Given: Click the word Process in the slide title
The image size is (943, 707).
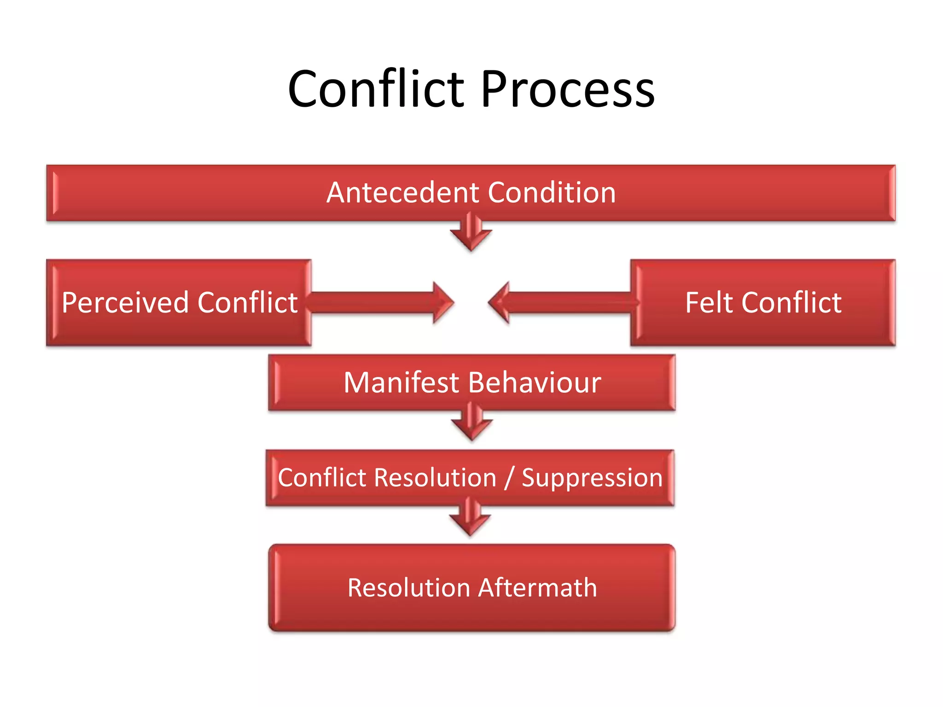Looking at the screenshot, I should tap(567, 89).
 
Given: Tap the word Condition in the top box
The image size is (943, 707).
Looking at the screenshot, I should tap(552, 192).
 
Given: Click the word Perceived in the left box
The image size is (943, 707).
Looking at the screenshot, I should tap(125, 303).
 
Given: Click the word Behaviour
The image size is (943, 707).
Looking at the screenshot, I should tap(534, 382).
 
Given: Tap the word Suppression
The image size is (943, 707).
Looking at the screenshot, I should tap(592, 477).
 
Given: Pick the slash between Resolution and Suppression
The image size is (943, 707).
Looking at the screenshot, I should tap(509, 478).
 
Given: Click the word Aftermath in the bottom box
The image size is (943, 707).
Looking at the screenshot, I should tap(538, 588).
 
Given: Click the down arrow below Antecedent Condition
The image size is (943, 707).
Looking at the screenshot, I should tap(471, 232).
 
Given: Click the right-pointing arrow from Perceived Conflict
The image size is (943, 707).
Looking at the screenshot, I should tap(382, 303).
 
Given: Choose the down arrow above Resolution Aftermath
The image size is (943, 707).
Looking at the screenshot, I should tap(470, 518).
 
